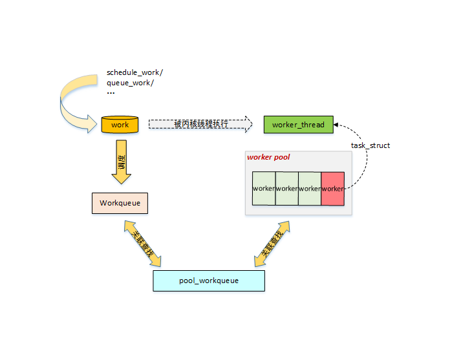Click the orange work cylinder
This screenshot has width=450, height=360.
click(x=120, y=124)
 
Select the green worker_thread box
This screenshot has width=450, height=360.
click(x=298, y=124)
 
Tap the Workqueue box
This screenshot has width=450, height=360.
click(x=120, y=203)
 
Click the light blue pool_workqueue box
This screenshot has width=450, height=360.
click(x=209, y=281)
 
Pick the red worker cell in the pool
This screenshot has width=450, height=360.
click(x=332, y=188)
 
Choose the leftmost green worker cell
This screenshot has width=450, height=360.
click(x=264, y=188)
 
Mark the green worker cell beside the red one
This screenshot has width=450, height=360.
click(x=310, y=188)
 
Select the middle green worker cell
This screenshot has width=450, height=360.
click(x=287, y=188)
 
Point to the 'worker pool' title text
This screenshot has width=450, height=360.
click(x=268, y=157)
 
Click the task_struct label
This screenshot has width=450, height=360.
click(x=370, y=145)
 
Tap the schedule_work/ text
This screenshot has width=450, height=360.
click(x=134, y=72)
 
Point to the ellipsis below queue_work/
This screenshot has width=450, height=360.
click(x=111, y=93)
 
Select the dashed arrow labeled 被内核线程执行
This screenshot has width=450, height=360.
click(x=200, y=123)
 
